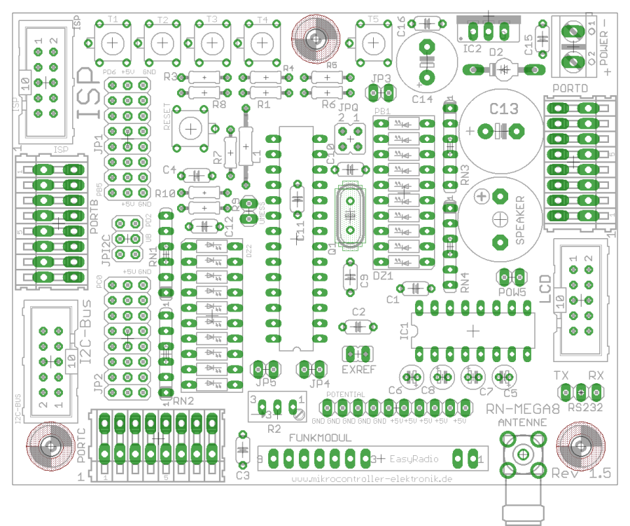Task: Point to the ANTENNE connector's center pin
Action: tap(522, 454)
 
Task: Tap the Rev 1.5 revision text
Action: tap(581, 473)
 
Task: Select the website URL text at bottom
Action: tap(371, 479)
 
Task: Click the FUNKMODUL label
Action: tap(321, 438)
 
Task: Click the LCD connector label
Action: tap(545, 291)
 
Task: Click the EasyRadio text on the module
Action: tap(410, 459)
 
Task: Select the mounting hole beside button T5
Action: tap(315, 36)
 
